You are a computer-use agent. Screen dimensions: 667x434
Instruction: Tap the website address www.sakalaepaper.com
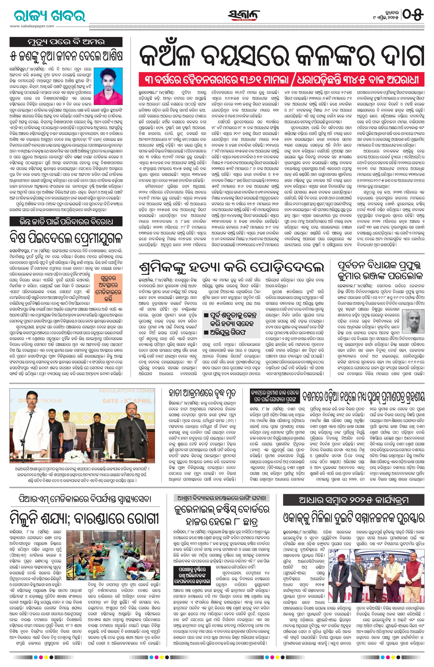[x=32, y=26]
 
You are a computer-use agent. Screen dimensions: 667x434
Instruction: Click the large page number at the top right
[x=413, y=14]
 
